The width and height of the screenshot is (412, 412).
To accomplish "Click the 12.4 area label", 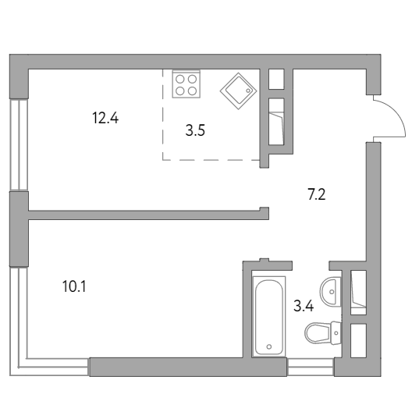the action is tap(105, 118).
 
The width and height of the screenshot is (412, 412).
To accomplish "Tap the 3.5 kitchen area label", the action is tap(195, 130).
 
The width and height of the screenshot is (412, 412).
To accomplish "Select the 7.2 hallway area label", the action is tap(317, 195).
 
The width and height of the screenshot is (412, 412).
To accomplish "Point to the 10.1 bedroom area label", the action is tap(74, 286).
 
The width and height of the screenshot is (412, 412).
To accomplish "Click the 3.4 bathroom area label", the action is tap(304, 306).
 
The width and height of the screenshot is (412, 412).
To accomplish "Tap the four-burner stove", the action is tap(186, 84).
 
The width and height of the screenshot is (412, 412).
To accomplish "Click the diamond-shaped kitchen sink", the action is tap(238, 91).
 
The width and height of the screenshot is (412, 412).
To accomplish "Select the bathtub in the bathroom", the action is tap(268, 317).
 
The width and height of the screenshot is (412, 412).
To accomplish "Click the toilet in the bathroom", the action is tap(323, 333).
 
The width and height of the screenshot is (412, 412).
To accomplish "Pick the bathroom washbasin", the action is tap(330, 291).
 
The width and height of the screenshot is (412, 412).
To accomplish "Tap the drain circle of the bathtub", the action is tap(268, 346).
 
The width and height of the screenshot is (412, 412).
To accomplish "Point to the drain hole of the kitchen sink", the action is tap(248, 91).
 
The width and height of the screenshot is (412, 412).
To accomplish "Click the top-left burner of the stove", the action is tap(180, 79).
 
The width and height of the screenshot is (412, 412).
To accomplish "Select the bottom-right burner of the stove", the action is tap(192, 91).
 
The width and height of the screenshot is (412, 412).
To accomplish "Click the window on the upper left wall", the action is tap(19, 145).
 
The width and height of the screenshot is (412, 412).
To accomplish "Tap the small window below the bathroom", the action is tap(311, 368).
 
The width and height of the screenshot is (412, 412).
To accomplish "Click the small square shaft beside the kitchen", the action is tap(276, 79).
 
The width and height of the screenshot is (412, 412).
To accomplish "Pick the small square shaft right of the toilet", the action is tap(358, 340).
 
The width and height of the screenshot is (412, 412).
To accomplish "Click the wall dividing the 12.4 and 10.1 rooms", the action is tap(148, 215).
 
